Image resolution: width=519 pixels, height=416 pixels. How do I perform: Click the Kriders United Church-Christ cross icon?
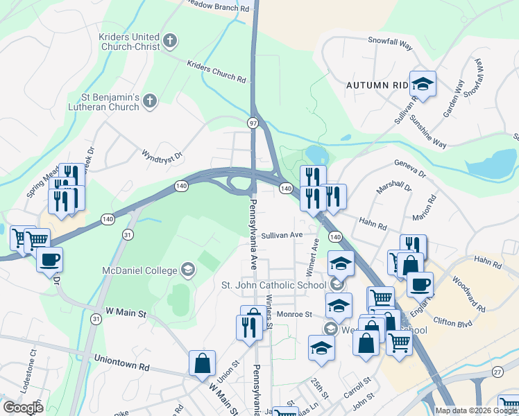click(169, 40)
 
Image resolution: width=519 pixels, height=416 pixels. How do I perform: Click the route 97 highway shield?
click(253, 122)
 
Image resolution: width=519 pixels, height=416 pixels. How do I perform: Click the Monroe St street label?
click(295, 314)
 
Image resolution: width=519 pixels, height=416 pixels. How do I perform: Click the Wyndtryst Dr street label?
click(162, 152)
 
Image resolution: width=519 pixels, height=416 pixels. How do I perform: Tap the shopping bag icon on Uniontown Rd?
click(203, 363)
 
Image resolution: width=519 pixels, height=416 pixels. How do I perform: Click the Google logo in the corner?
click(24, 408)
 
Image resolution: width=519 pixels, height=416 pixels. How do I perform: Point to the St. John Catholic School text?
click(273, 285)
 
